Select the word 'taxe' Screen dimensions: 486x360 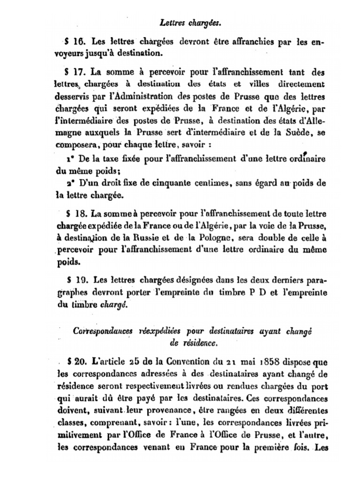tap(111, 158)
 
